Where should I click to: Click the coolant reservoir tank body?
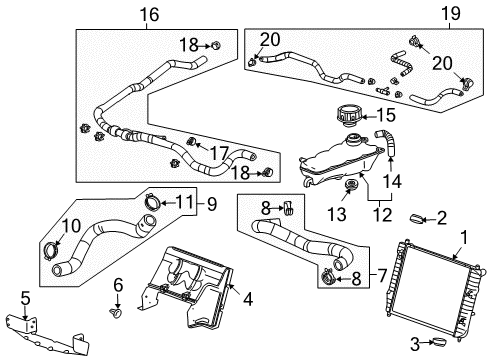pyautogui.click(x=330, y=162)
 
